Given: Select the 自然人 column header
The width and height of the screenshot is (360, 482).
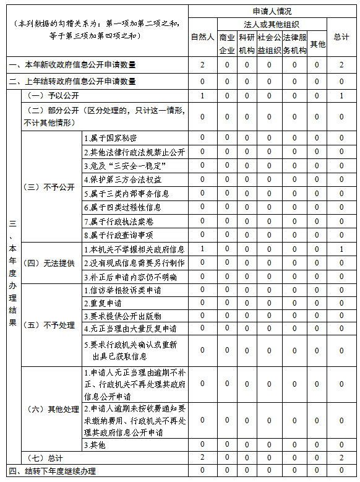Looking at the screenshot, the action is (202, 37).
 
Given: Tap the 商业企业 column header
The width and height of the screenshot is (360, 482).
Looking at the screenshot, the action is (227, 43).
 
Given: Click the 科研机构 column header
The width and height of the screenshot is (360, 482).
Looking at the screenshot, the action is (247, 43).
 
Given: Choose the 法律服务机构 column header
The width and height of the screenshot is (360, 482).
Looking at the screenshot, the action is (294, 43).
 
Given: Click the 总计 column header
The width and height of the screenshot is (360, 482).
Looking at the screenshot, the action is (341, 37).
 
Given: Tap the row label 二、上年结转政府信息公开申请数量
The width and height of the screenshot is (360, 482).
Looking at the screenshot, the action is (73, 81).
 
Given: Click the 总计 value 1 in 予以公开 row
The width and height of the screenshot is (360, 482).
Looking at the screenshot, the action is (341, 96).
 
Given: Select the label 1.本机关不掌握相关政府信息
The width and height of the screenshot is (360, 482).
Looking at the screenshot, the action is (134, 249).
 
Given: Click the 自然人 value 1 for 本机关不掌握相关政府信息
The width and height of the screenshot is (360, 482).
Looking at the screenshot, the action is (202, 249).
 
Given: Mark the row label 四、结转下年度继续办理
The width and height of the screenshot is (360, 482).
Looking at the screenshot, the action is (53, 471).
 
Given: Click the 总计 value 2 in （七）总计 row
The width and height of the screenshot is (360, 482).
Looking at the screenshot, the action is (341, 457).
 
